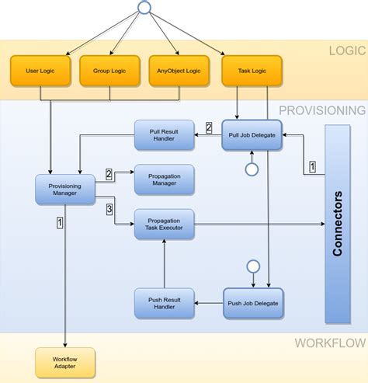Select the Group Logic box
pos(109,71)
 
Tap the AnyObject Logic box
pos(179,71)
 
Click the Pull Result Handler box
pos(165,135)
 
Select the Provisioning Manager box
pos(65,190)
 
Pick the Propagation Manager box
pos(165,179)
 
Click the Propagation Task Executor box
pos(165,225)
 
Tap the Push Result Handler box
pos(165,303)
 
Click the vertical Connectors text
pos(338,224)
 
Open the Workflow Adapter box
pos(65,363)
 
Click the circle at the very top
pos(143,8)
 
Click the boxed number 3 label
pos(109,209)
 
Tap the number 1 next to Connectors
pos(312,166)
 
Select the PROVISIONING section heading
pos(321,110)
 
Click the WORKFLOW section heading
pos(329,343)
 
